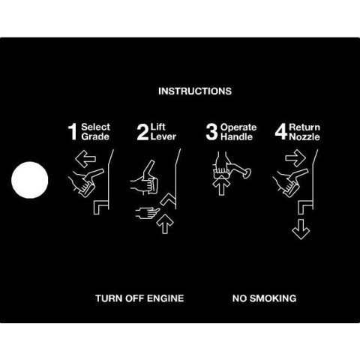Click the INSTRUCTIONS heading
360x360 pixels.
[195, 91]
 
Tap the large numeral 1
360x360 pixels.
[73, 132]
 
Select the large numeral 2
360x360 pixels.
[143, 132]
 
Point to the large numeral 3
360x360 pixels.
[212, 132]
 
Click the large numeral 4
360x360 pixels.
[281, 132]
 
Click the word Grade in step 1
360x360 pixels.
[95, 137]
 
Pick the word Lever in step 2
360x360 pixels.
[163, 136]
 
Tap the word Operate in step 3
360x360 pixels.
[238, 127]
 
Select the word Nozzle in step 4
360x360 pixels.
[304, 137]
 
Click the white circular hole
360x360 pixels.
[30, 180]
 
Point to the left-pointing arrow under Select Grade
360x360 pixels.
[85, 158]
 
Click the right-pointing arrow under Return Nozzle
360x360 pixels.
[295, 158]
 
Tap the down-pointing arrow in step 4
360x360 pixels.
[301, 229]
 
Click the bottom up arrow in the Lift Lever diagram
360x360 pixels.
[165, 224]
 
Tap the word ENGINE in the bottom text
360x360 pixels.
[165, 298]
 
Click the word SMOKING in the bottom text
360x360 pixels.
[273, 298]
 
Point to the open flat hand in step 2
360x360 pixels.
[148, 213]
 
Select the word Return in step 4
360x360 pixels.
[304, 127]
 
